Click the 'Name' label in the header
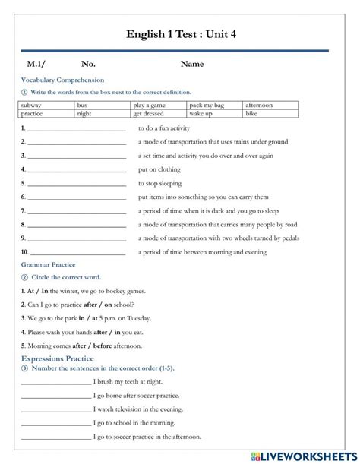pos(192,64)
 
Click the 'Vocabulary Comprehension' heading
pos(62,80)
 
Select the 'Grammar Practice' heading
pos(48,264)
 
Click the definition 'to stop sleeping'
pos(160,183)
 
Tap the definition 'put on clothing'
pos(159,169)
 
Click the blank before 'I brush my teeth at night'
pos(55,382)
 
